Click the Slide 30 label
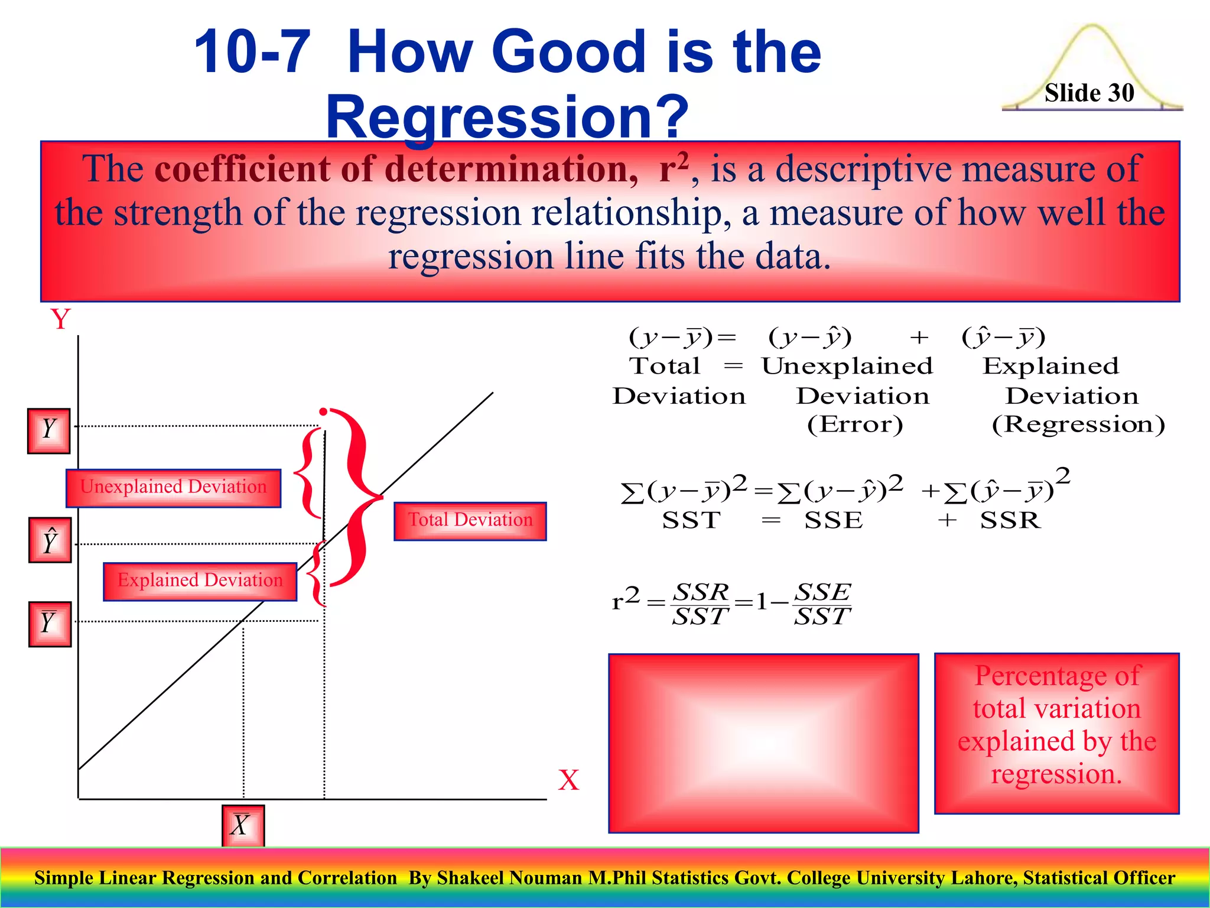tap(1089, 93)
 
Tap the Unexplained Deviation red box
tap(173, 488)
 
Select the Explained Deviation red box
tap(200, 581)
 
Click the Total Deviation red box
tap(470, 521)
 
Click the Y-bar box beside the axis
tap(50, 624)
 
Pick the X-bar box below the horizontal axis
tap(243, 825)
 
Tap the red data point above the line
tap(323, 411)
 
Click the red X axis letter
tap(568, 780)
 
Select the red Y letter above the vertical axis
tap(60, 320)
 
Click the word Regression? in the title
tap(507, 116)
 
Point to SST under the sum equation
tap(691, 520)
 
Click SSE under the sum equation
tap(834, 520)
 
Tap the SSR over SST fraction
tap(701, 604)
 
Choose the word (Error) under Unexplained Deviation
tap(855, 424)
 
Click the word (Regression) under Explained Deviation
tap(1078, 424)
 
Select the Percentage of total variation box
tap(1056, 733)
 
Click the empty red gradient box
tap(763, 743)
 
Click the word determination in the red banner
tap(510, 170)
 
